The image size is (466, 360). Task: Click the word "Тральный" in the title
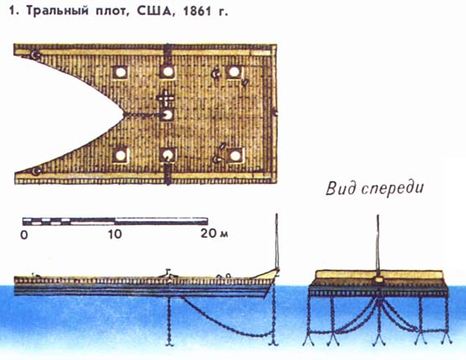point(58,11)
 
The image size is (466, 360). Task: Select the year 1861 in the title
point(197,11)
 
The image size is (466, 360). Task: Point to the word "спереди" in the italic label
point(392,189)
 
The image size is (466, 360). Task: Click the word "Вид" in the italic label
point(341,188)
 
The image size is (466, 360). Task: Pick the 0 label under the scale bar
point(24,234)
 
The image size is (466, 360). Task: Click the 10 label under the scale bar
point(115,234)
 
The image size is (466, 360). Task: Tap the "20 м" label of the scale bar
point(214,234)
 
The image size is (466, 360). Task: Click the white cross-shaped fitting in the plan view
point(166,98)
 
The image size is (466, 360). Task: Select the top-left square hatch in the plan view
point(120,72)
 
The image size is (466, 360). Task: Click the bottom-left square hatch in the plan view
point(120,156)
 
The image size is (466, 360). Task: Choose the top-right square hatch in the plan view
point(234,72)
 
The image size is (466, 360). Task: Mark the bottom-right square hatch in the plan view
point(235,156)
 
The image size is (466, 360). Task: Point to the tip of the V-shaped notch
point(123,114)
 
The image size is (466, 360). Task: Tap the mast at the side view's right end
point(277,241)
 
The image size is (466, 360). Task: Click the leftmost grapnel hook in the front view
point(309,339)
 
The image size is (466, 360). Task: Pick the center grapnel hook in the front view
point(378,339)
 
